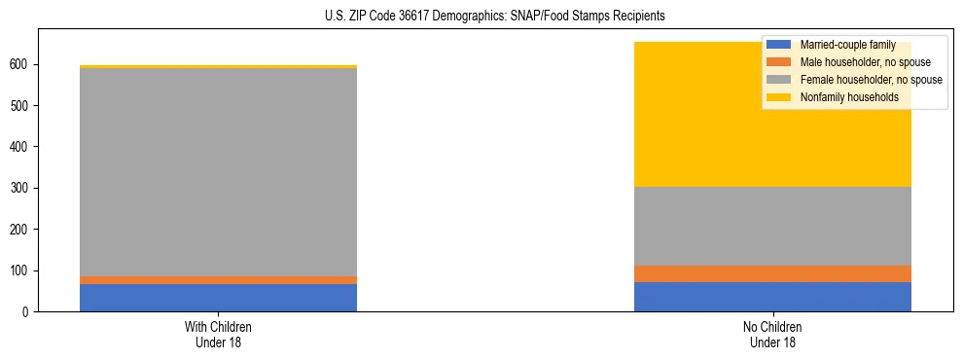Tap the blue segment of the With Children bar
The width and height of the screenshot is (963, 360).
tap(218, 298)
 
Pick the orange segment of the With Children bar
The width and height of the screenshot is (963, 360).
tap(218, 280)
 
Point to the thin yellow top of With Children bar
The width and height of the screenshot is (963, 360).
tap(218, 66)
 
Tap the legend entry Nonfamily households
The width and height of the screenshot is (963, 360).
tap(841, 97)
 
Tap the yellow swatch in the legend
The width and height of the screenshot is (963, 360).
tap(779, 97)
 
